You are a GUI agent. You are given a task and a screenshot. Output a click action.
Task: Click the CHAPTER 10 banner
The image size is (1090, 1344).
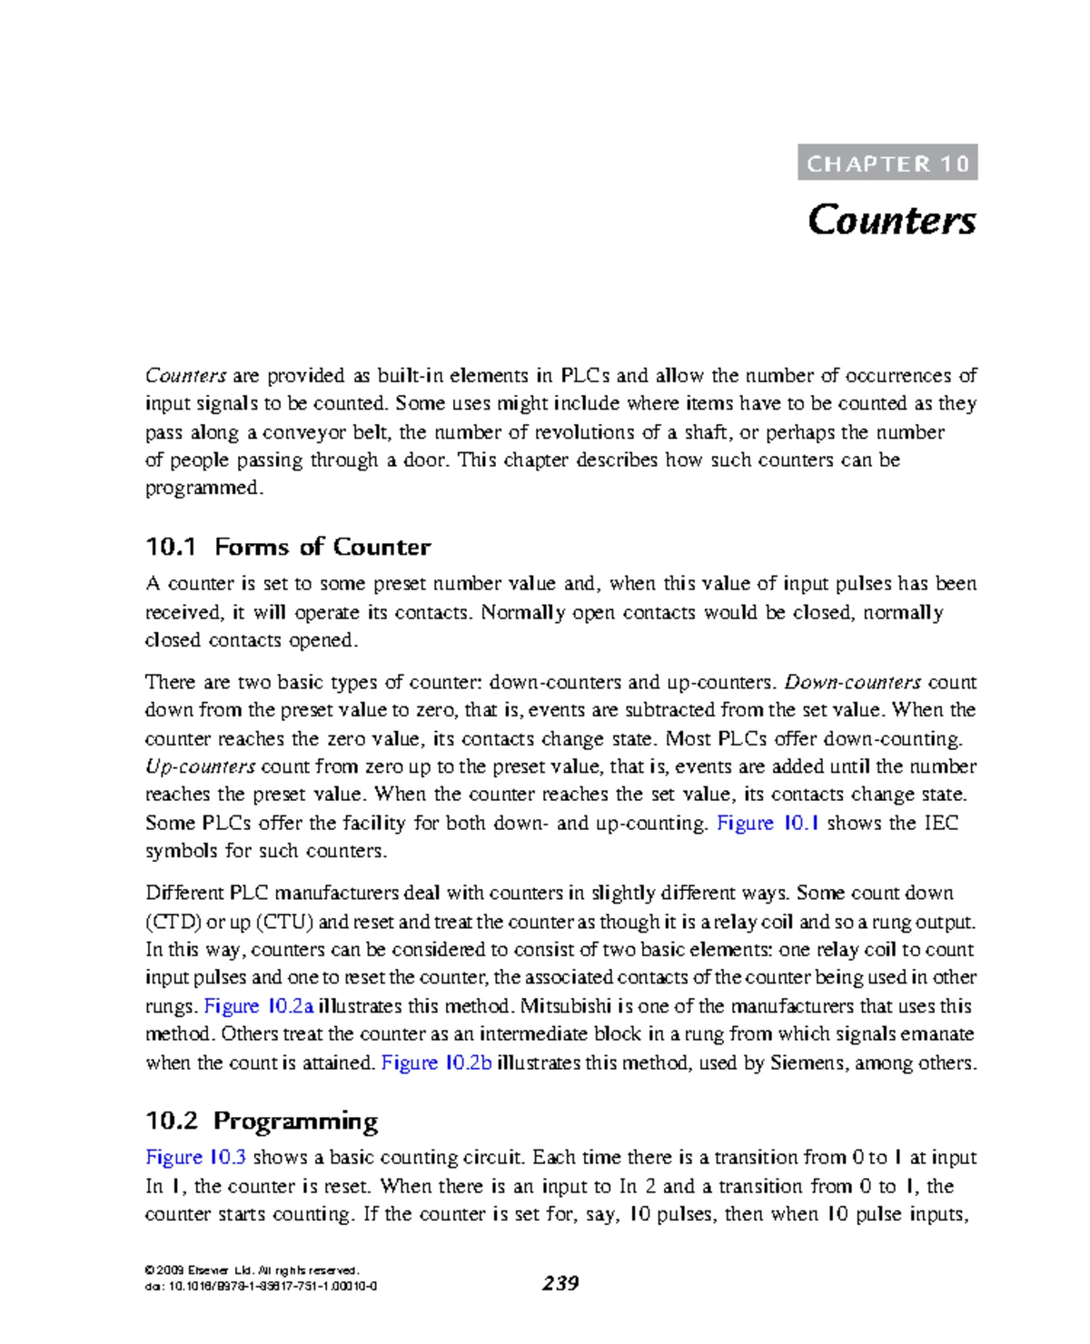point(887,163)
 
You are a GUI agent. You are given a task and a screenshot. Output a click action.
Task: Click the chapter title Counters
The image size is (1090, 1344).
point(892,221)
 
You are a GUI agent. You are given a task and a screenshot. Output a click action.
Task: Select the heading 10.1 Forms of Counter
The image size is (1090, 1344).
point(288,547)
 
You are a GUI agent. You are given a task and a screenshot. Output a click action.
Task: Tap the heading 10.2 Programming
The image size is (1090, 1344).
point(262,1121)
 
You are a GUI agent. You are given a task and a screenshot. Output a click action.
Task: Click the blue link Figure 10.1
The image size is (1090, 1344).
point(768,824)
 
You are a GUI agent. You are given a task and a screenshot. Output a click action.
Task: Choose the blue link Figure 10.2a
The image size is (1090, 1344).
point(260,1006)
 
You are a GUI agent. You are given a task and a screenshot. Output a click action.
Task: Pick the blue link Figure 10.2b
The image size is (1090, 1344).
point(437,1062)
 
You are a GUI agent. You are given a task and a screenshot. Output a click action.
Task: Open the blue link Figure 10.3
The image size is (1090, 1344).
point(196,1158)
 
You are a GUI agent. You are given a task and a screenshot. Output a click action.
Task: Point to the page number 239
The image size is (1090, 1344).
point(560,1283)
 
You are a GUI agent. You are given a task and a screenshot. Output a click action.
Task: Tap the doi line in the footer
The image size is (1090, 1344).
point(262,1286)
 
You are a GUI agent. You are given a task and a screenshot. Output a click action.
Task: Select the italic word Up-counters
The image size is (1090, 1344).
point(201,766)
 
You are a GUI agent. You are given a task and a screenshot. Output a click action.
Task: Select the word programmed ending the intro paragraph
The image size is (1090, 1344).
point(203,489)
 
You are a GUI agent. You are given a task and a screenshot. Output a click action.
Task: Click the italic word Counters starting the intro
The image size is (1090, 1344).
point(186,376)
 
